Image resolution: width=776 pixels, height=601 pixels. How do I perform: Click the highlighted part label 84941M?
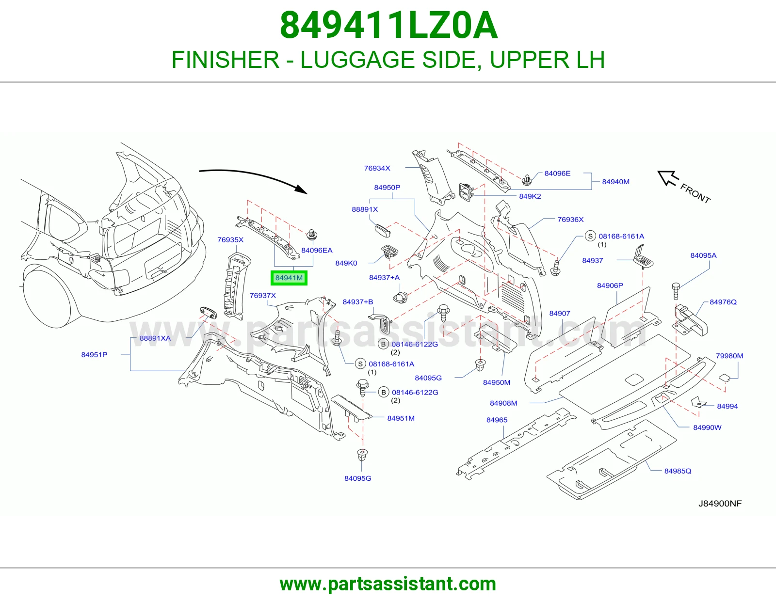[x=289, y=278]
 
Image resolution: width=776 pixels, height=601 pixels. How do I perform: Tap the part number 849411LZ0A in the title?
[x=388, y=26]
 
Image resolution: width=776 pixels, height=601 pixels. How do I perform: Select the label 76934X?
[x=377, y=168]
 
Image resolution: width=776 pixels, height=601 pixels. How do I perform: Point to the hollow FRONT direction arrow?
[x=668, y=178]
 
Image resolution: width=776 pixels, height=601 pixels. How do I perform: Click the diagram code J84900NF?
[x=720, y=503]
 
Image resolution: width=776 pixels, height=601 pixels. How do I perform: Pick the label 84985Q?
[x=678, y=471]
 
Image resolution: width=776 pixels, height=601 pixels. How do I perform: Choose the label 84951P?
[x=94, y=354]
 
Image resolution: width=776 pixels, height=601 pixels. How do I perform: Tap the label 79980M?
[x=729, y=355]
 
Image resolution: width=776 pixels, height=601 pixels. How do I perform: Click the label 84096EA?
[x=317, y=250]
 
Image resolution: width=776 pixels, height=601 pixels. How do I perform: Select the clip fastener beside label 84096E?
[x=526, y=179]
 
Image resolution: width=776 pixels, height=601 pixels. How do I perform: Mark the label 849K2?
[x=530, y=196]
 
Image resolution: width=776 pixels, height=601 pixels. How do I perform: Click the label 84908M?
[x=503, y=403]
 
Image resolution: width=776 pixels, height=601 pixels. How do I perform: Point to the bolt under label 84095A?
[x=676, y=291]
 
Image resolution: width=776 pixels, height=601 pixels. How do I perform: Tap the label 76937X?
[x=263, y=295]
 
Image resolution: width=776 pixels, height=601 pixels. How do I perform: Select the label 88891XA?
[x=155, y=338]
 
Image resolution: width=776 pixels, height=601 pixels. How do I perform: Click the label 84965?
[x=497, y=420]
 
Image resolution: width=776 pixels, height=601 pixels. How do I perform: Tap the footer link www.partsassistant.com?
[x=388, y=584]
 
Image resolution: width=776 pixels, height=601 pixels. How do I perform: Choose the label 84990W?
[x=707, y=427]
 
